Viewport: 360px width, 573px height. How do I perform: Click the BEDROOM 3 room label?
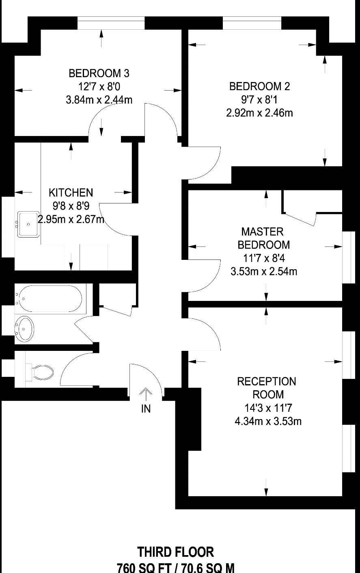tap(99, 74)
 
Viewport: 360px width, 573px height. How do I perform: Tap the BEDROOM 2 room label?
tap(259, 86)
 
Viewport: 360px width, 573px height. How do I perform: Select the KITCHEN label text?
tap(71, 192)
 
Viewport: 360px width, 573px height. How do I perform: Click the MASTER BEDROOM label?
tap(263, 238)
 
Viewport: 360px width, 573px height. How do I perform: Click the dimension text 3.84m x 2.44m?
tap(99, 100)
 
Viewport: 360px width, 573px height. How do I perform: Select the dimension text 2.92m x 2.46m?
tap(259, 113)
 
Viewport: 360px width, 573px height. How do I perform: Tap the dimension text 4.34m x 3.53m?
tap(268, 421)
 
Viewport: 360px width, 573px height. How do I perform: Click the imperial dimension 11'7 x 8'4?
tap(263, 258)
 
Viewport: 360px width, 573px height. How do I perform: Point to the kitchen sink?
tap(28, 224)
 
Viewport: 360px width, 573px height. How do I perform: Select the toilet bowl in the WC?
tap(43, 372)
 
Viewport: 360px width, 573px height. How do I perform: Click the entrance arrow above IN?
tap(145, 394)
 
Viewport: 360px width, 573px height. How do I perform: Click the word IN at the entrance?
tap(146, 409)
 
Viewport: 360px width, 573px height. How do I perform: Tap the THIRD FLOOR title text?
tap(175, 552)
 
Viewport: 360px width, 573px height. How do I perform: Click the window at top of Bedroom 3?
tap(111, 23)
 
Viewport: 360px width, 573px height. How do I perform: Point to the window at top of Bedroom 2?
tap(252, 23)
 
